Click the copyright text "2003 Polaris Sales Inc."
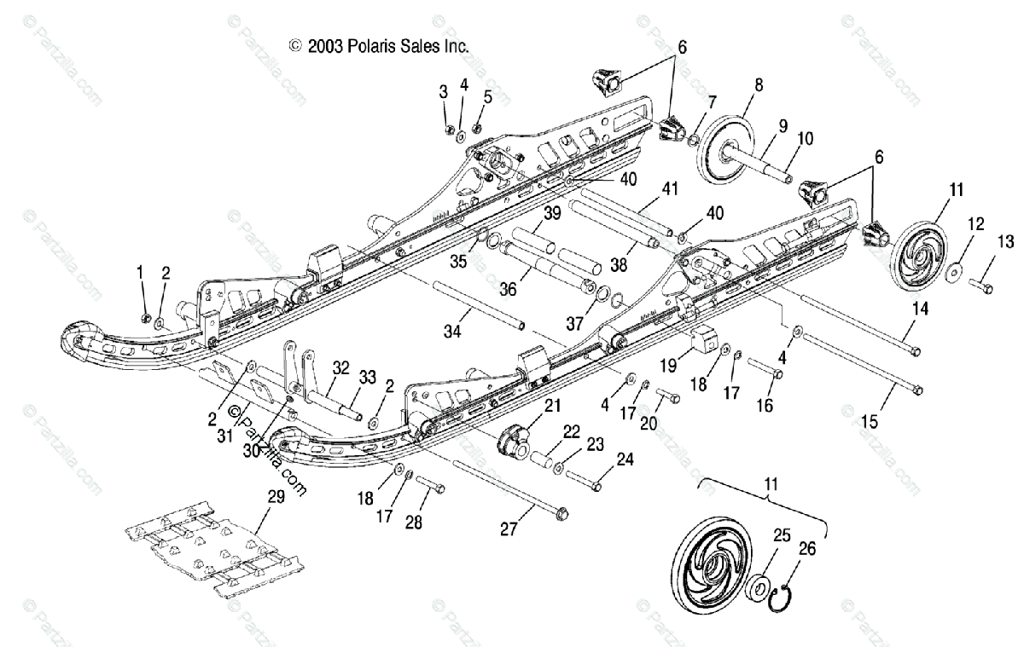point(380,46)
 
